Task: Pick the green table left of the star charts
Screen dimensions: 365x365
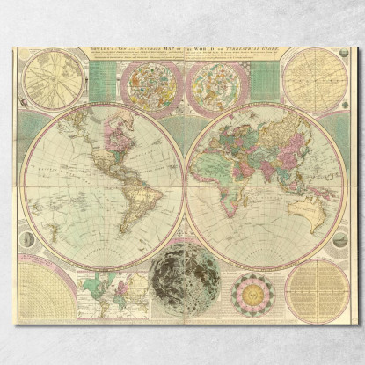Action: click(104, 84)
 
